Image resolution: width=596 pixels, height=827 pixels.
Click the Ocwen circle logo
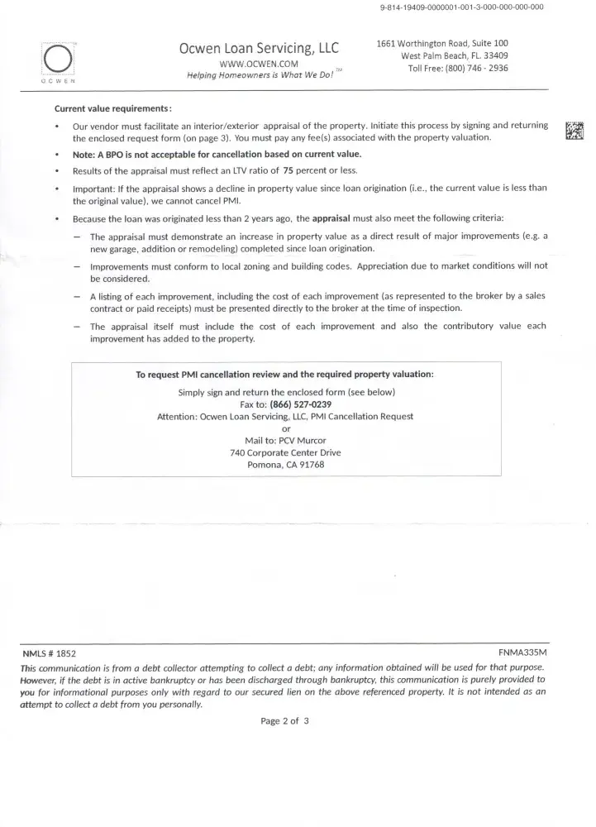coord(58,60)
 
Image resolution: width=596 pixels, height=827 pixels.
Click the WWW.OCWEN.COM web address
coord(259,63)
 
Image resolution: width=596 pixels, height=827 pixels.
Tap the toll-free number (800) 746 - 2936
coord(470,68)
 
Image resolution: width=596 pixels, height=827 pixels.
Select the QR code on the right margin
coord(575,131)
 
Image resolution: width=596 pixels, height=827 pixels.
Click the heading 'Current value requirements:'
coord(113,108)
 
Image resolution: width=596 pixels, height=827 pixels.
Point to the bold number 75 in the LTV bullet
coord(289,171)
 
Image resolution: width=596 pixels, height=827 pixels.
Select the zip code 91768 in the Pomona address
coord(308,464)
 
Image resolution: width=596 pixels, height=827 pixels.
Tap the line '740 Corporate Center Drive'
coord(285,452)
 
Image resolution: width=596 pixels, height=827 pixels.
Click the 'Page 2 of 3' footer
coord(284,721)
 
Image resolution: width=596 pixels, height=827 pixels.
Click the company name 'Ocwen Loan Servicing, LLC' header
coord(259,48)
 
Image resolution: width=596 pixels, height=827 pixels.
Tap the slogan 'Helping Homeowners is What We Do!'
coord(259,76)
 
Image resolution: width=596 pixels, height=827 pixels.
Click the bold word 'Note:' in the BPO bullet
coord(85,155)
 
